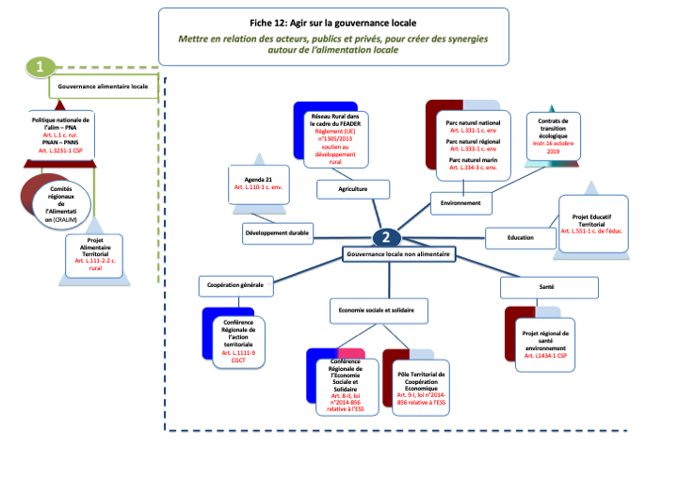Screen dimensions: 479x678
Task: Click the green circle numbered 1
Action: click(40, 67)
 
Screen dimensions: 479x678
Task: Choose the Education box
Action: click(519, 237)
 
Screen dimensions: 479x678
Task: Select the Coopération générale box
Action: click(236, 283)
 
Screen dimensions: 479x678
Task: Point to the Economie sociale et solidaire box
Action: click(376, 310)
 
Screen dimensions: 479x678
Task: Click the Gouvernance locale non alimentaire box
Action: click(399, 254)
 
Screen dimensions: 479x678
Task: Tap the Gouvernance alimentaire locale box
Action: click(103, 86)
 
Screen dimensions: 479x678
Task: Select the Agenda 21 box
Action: click(259, 184)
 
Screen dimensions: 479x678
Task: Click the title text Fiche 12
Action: click(334, 22)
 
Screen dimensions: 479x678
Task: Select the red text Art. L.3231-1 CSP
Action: click(61, 151)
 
